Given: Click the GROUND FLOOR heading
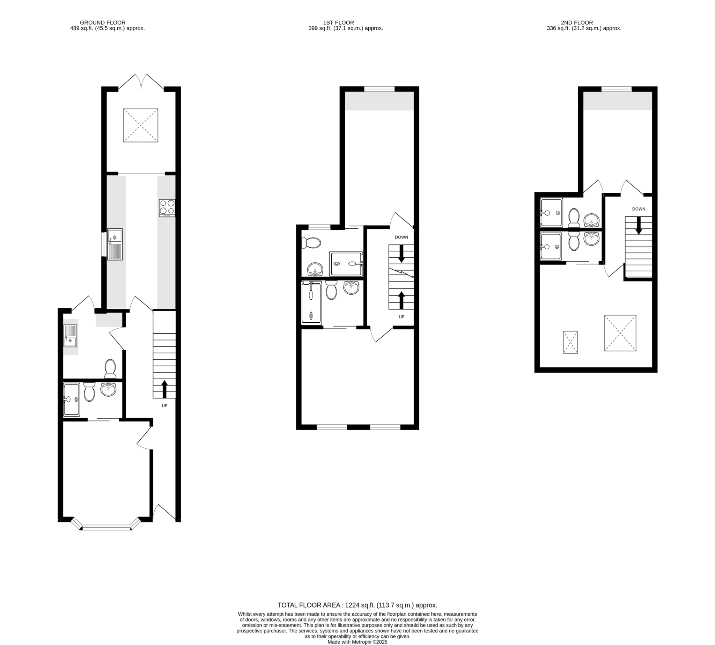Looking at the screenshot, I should click(x=102, y=23).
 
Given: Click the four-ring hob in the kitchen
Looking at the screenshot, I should click(x=167, y=208).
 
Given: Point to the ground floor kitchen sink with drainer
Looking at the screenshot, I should click(x=115, y=244).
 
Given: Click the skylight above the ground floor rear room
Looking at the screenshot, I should click(x=141, y=125).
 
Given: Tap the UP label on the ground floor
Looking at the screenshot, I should click(x=164, y=405).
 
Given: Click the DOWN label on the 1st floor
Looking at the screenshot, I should click(x=401, y=237).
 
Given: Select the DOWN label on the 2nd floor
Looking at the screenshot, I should click(x=639, y=209).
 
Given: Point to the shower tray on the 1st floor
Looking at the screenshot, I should click(x=346, y=264).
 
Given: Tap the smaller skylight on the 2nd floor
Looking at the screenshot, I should click(x=570, y=342).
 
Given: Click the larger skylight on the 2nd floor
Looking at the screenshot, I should click(x=620, y=333).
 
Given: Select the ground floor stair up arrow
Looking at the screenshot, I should click(x=164, y=389).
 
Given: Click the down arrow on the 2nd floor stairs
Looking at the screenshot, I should click(x=639, y=225).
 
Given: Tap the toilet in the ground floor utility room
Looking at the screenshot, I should click(x=110, y=368).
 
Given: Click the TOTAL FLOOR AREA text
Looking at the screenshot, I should click(x=357, y=605).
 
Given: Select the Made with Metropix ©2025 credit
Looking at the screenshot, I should click(x=357, y=642).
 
